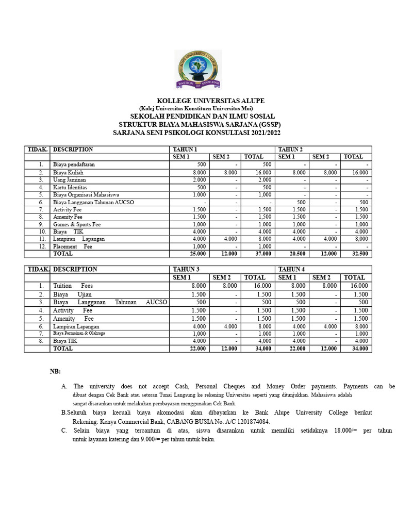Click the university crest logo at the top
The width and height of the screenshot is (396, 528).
tap(197, 69)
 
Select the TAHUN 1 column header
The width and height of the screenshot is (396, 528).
tap(185, 150)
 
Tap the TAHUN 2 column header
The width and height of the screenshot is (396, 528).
tap(291, 150)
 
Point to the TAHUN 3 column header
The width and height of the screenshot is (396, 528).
tap(185, 269)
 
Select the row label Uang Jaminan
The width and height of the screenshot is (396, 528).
tap(70, 179)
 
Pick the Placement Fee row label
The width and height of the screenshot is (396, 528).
tap(73, 246)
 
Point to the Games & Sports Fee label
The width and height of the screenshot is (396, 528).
tap(77, 224)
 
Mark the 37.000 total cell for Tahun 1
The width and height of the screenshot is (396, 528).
tap(256, 254)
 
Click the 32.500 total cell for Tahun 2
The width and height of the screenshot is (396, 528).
tap(359, 254)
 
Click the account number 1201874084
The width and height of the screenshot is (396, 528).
tap(251, 421)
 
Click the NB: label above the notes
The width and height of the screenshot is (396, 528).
tap(55, 371)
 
